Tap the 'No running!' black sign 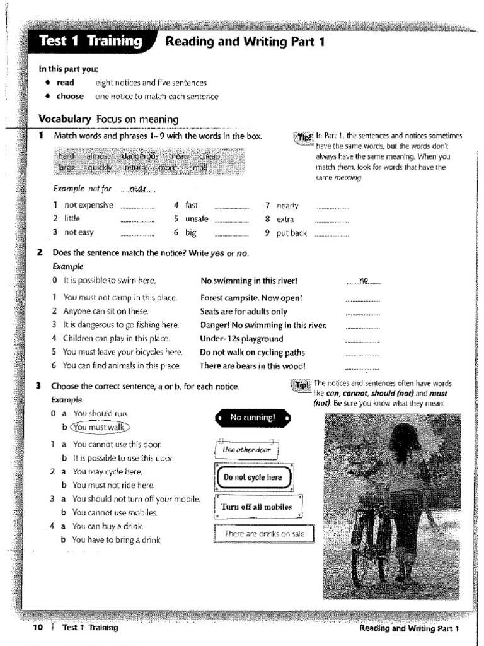coord(252,418)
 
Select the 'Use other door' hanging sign coord(246,450)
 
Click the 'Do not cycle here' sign coord(253,478)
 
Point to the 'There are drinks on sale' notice coord(263,534)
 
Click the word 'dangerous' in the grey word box coord(140,156)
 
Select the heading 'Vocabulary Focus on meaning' coord(108,119)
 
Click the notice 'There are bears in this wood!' coord(252,366)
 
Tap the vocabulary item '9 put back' coord(286,233)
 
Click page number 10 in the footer coord(37,628)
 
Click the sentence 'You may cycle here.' coord(107,472)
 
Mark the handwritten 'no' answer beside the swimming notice coord(364,279)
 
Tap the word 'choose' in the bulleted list coord(70,97)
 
